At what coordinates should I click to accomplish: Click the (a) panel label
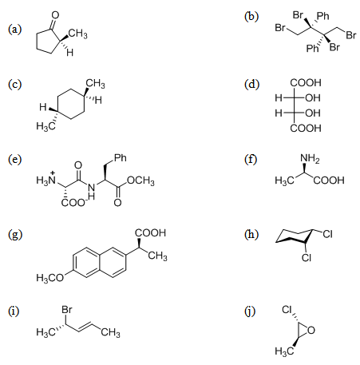[14, 30]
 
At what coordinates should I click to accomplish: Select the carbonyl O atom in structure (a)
[55, 15]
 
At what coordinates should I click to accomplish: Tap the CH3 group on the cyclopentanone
[77, 34]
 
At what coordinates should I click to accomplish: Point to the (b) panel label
[251, 17]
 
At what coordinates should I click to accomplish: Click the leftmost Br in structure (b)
[280, 27]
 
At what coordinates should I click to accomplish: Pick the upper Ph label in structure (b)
[323, 16]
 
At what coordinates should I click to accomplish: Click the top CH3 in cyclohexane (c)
[95, 84]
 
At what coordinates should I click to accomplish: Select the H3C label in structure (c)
[45, 125]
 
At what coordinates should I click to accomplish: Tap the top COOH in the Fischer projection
[306, 83]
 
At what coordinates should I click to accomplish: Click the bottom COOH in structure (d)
[306, 129]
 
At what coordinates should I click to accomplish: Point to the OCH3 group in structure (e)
[140, 181]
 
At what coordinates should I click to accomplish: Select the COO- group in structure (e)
[73, 202]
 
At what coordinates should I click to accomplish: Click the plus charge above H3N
[53, 173]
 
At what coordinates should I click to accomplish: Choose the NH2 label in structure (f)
[310, 158]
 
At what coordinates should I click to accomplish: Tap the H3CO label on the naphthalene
[50, 278]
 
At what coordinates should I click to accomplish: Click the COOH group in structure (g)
[150, 233]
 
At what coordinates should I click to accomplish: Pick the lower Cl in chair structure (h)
[307, 257]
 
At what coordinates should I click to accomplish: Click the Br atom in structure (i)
[67, 310]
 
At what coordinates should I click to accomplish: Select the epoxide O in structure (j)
[311, 331]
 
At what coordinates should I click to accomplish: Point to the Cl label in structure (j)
[287, 310]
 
